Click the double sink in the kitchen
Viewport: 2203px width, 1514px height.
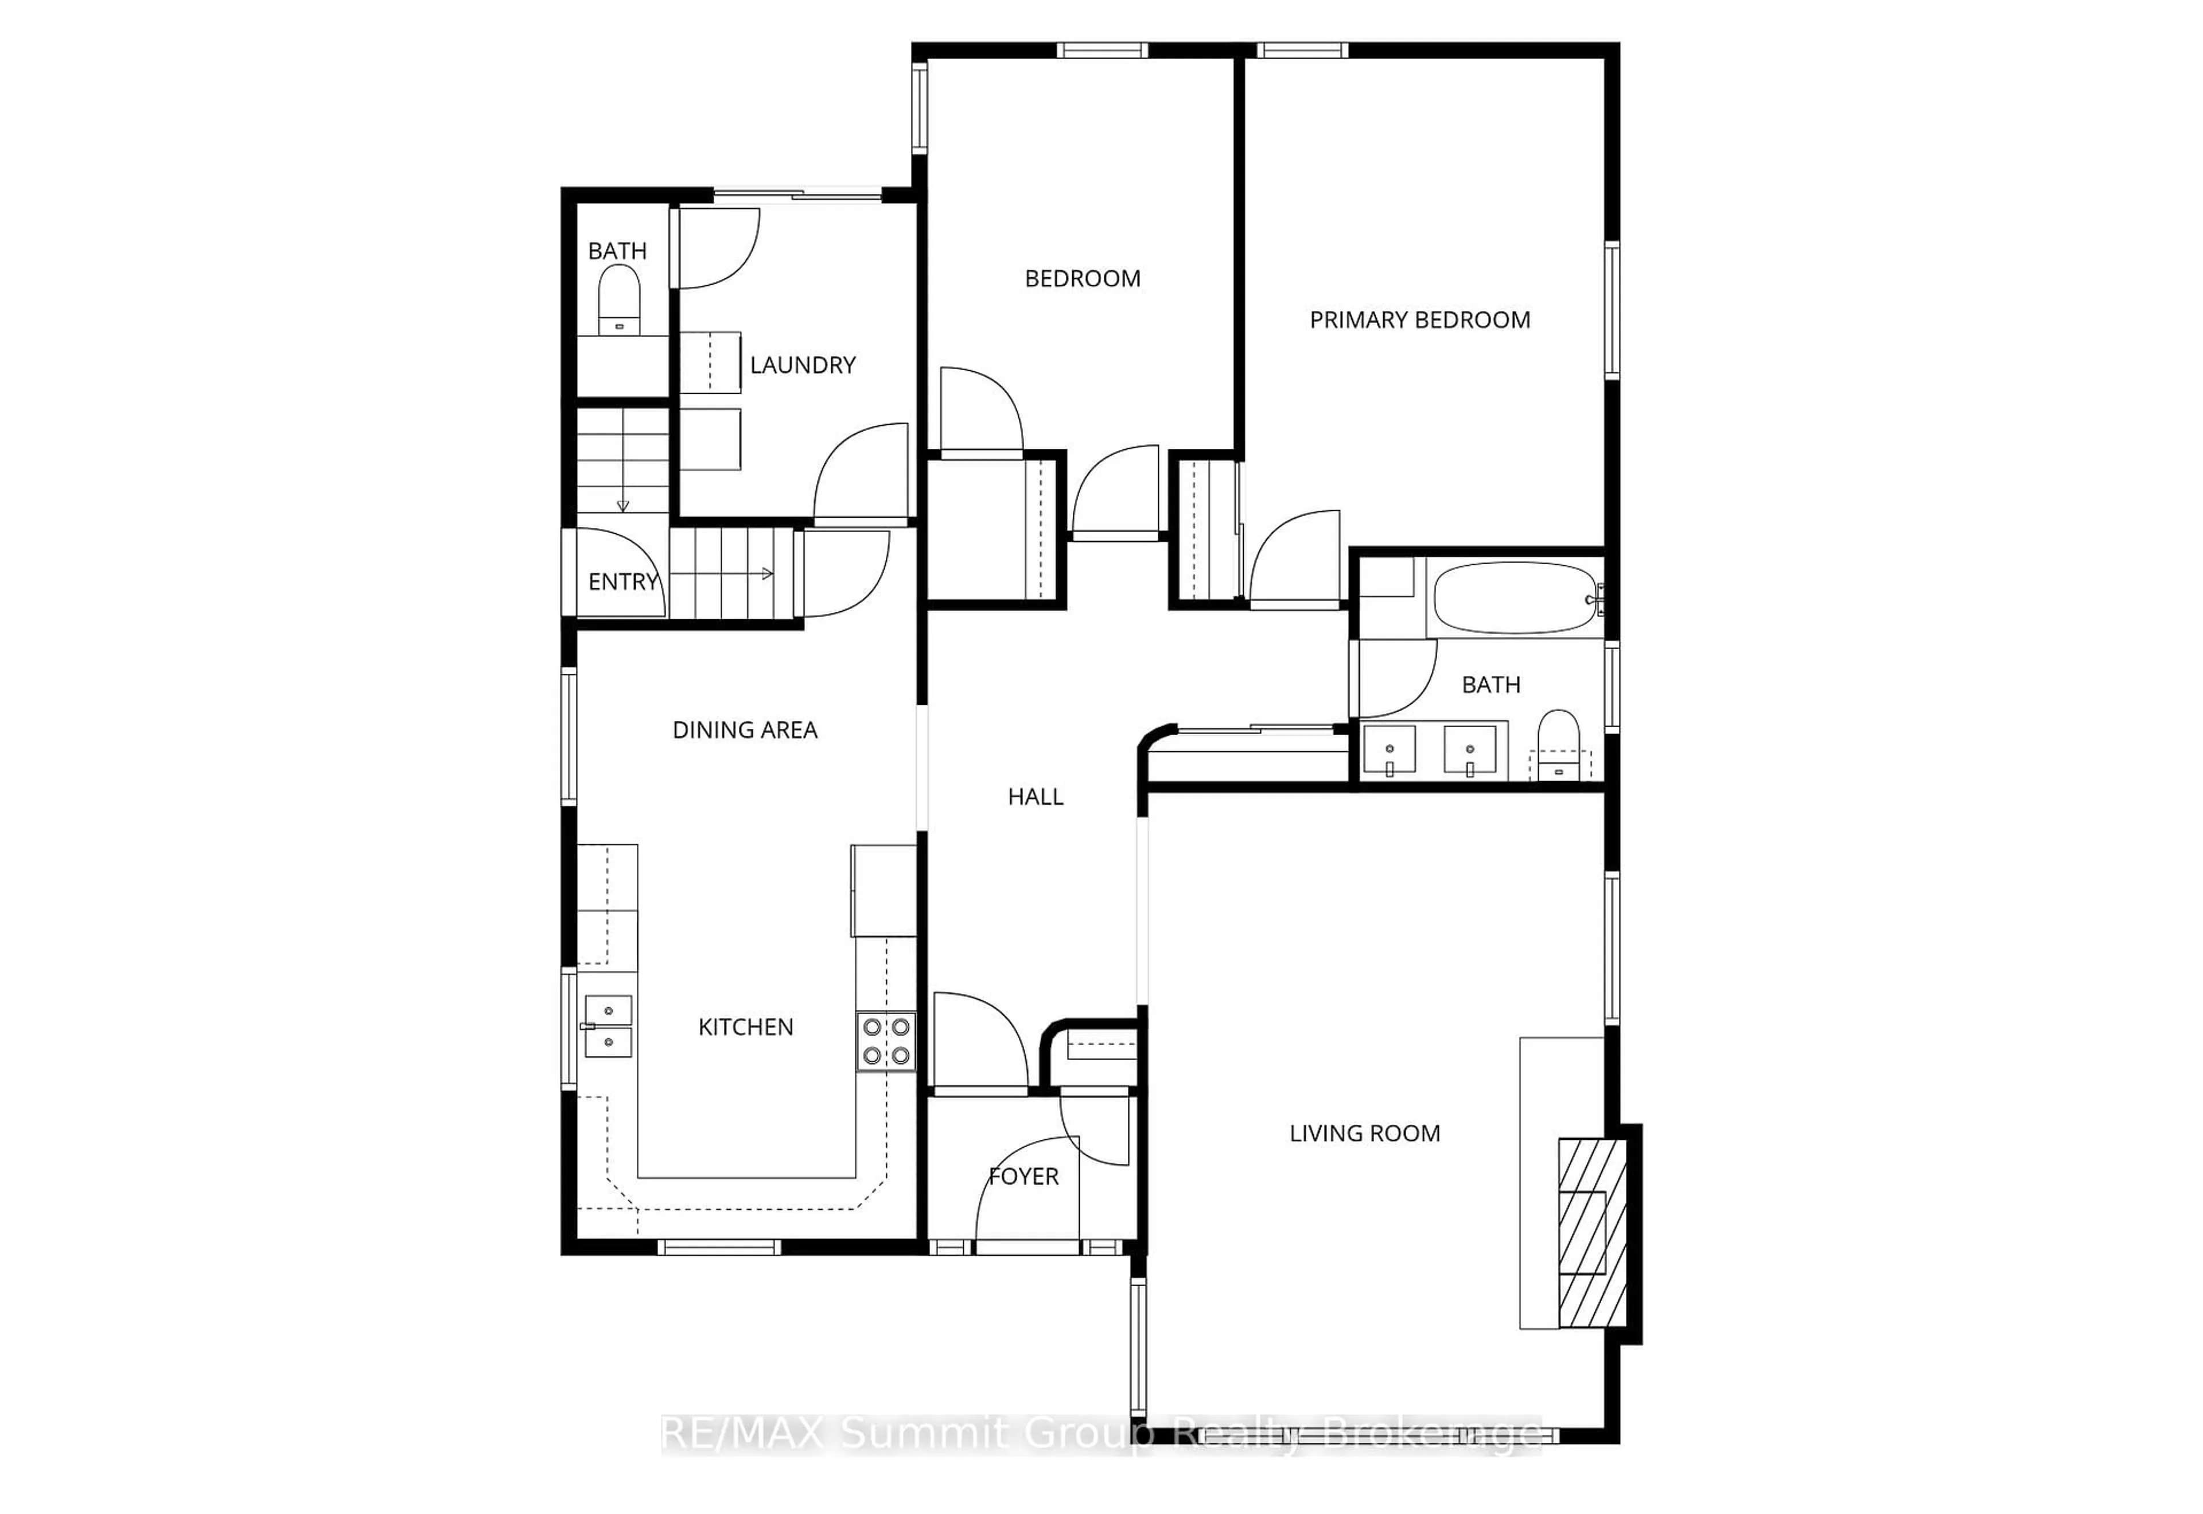pos(608,1026)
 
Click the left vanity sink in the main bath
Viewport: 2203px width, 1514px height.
pos(1389,750)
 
